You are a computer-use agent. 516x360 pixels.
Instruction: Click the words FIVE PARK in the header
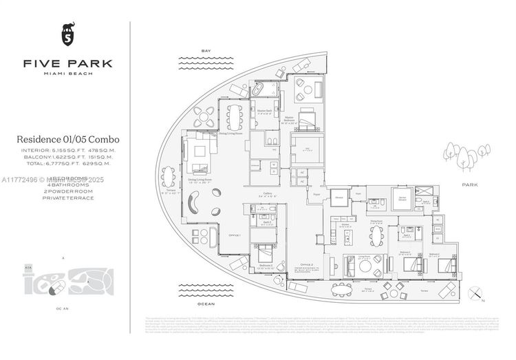(x=67, y=63)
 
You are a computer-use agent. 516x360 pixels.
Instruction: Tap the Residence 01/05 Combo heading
(x=67, y=140)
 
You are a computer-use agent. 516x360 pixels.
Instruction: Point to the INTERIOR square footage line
(x=67, y=149)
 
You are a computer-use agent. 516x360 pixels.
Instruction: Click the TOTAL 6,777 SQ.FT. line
(x=67, y=165)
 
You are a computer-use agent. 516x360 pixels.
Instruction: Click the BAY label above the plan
(x=205, y=51)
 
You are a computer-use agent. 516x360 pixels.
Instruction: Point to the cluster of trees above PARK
(x=466, y=156)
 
